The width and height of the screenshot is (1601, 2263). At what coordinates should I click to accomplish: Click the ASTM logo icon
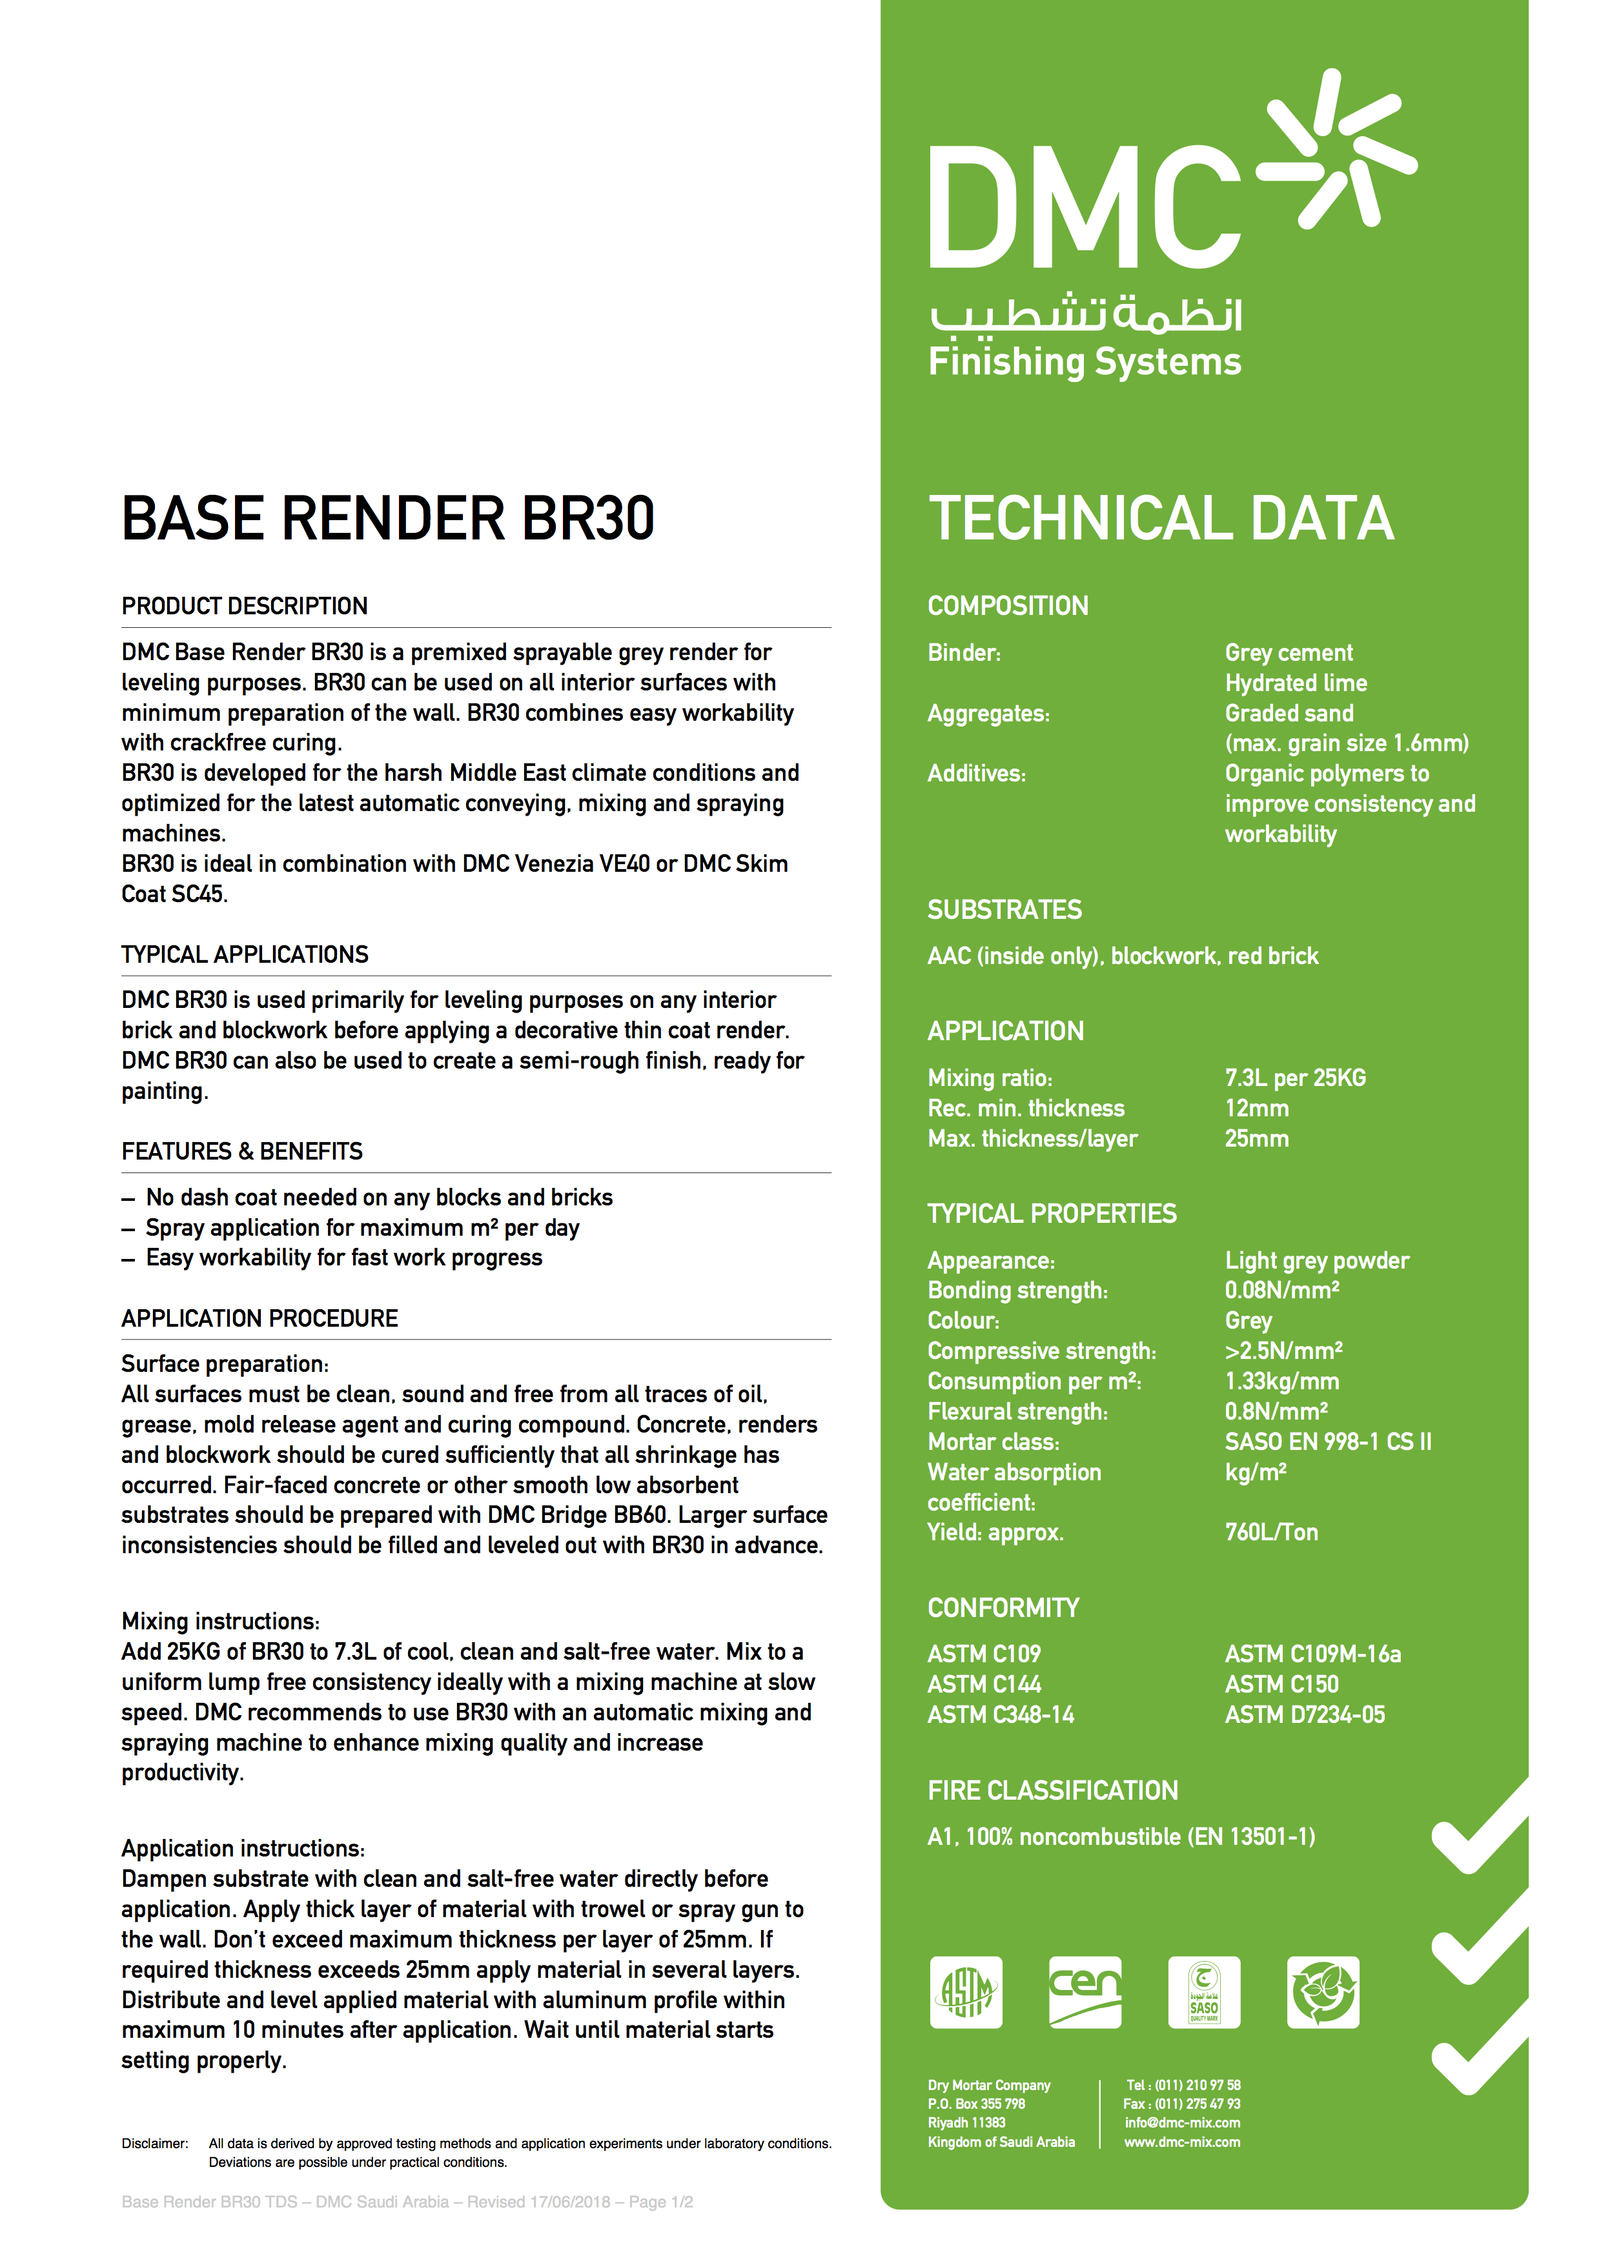click(965, 1992)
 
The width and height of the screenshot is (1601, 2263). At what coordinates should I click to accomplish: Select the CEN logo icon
click(1085, 1992)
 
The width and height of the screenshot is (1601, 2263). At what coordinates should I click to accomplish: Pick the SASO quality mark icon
click(1204, 1992)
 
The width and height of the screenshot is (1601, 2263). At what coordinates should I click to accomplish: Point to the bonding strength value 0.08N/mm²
click(1281, 1290)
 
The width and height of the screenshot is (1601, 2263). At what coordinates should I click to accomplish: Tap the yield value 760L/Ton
click(1270, 1532)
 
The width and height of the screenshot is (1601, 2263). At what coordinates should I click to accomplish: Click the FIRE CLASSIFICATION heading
click(1052, 1790)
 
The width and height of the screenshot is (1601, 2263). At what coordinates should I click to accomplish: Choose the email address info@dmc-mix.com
click(1182, 2122)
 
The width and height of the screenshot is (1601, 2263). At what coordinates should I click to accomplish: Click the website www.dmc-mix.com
click(1182, 2142)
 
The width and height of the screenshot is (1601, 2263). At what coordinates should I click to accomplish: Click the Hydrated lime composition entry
click(1296, 683)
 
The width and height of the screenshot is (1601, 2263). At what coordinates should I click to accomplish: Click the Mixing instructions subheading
click(220, 1622)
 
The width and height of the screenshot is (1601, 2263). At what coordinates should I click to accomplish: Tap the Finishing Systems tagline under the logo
click(1085, 362)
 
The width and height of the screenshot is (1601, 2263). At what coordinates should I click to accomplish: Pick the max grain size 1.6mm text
click(1347, 743)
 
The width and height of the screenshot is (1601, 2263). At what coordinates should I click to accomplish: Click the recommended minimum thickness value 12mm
click(1257, 1108)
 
